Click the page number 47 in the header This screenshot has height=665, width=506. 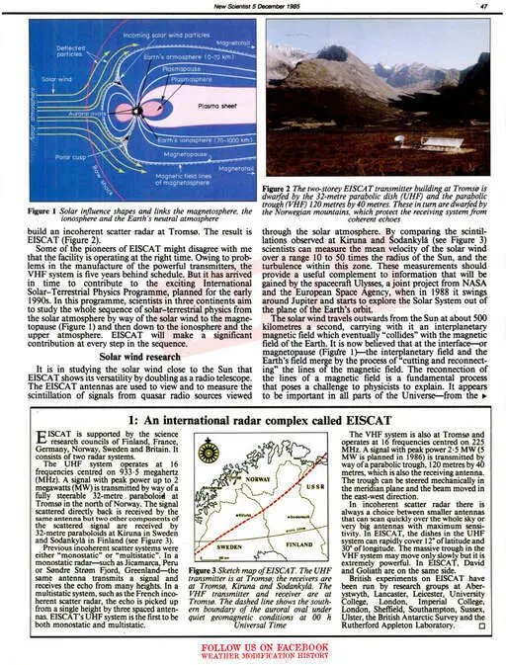(484, 6)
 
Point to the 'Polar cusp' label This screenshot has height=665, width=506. (70, 156)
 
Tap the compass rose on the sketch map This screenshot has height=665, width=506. (209, 454)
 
